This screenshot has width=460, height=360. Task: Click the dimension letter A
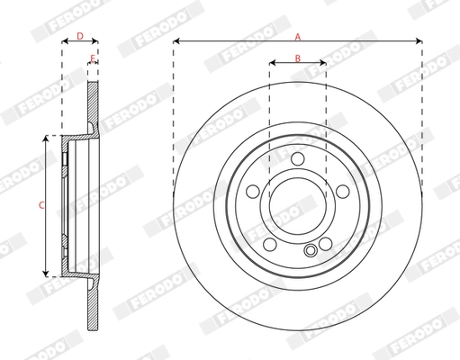click(297, 35)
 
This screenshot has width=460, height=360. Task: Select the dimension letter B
click(298, 58)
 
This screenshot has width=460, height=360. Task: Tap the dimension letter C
click(40, 206)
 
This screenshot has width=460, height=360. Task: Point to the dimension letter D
click(79, 36)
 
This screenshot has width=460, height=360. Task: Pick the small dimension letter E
click(93, 58)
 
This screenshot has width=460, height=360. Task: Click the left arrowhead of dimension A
click(176, 41)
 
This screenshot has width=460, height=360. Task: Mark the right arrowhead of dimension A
click(419, 41)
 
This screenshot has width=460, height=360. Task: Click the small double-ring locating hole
click(311, 251)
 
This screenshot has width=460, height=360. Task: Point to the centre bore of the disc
click(298, 205)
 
